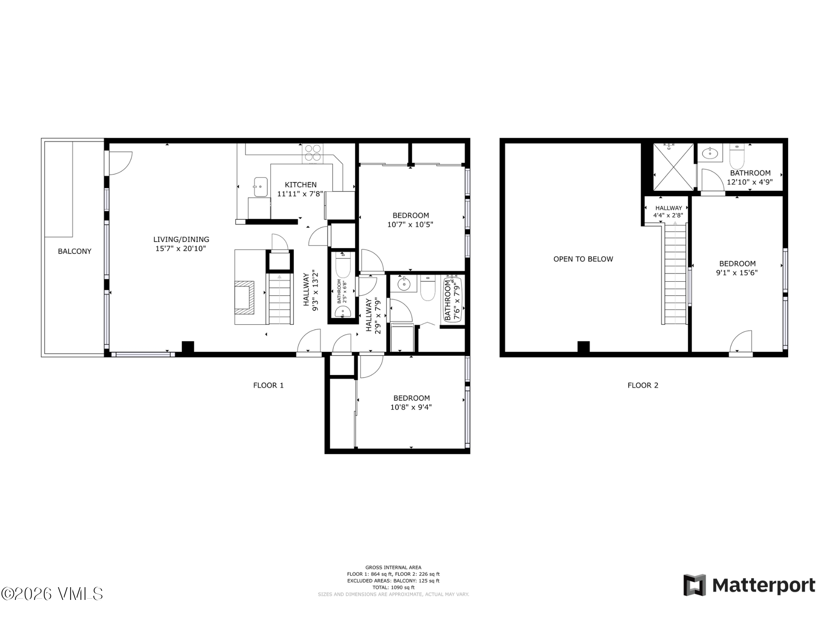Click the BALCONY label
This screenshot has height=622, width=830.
pyautogui.click(x=75, y=251)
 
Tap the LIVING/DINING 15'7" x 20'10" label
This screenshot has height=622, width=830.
pyautogui.click(x=181, y=244)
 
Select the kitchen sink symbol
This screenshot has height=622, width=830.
pyautogui.click(x=260, y=187)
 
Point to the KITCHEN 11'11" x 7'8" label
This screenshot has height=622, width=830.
pyautogui.click(x=300, y=189)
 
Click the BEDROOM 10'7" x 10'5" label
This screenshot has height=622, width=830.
pyautogui.click(x=410, y=219)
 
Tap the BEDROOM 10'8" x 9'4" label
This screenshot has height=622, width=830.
pyautogui.click(x=411, y=402)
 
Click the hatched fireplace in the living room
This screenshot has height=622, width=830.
pyautogui.click(x=245, y=297)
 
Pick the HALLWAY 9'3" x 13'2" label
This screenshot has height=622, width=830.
pyautogui.click(x=311, y=290)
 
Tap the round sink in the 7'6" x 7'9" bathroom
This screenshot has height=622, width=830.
pyautogui.click(x=404, y=283)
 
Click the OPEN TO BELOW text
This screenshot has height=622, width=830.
pyautogui.click(x=583, y=259)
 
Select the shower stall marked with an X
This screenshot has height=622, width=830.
pyautogui.click(x=673, y=167)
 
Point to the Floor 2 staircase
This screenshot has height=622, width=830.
pyautogui.click(x=675, y=274)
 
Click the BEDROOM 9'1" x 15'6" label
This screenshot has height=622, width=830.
pyautogui.click(x=737, y=268)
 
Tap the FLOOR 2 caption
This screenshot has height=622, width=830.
pyautogui.click(x=643, y=385)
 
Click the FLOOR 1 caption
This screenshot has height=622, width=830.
pyautogui.click(x=268, y=385)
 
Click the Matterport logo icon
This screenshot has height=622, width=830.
pyautogui.click(x=694, y=585)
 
